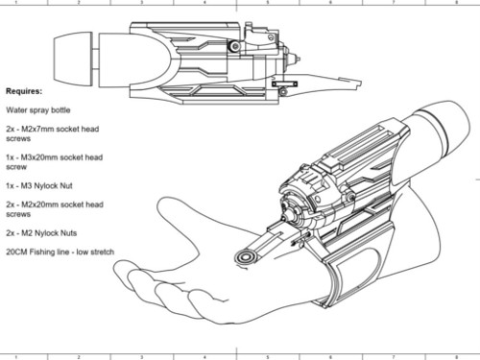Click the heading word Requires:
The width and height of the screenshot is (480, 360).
(x=24, y=91)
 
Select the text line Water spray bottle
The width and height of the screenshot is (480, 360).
(x=38, y=110)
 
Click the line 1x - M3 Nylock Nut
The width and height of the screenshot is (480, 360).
(x=39, y=186)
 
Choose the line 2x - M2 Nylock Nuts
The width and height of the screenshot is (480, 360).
(x=41, y=233)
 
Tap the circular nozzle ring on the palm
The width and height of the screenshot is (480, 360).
(x=246, y=257)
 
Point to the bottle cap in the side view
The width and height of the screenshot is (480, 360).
(x=73, y=60)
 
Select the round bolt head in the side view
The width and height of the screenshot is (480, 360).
(x=235, y=47)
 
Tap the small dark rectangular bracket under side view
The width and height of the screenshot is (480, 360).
(x=284, y=84)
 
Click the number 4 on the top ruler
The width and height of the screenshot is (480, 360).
(x=204, y=3)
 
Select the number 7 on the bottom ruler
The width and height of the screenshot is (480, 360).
(x=394, y=357)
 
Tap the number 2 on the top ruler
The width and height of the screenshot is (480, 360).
(x=79, y=3)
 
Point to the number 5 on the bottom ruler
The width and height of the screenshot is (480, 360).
(x=268, y=357)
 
